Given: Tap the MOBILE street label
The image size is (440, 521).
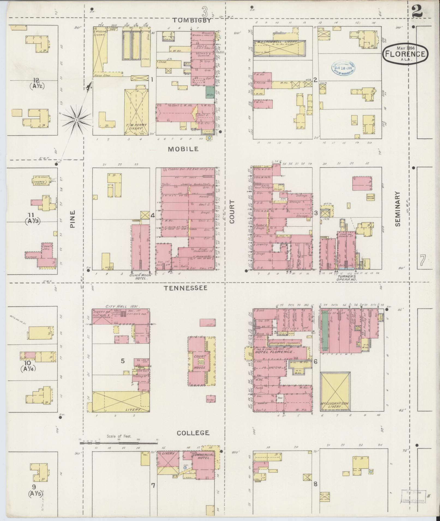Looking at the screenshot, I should click(x=183, y=149).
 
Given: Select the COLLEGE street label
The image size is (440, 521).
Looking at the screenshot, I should click(x=193, y=433).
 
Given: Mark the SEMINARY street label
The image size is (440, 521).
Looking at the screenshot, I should click(x=397, y=209).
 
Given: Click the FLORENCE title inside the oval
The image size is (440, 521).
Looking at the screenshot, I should click(x=405, y=54).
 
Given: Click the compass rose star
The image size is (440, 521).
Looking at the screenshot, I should click(x=77, y=120).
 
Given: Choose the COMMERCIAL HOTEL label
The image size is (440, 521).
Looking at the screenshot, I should click(x=203, y=456).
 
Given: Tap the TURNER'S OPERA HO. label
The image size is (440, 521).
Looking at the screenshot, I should click(x=347, y=278).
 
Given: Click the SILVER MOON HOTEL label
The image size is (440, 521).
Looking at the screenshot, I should click(x=140, y=277).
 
